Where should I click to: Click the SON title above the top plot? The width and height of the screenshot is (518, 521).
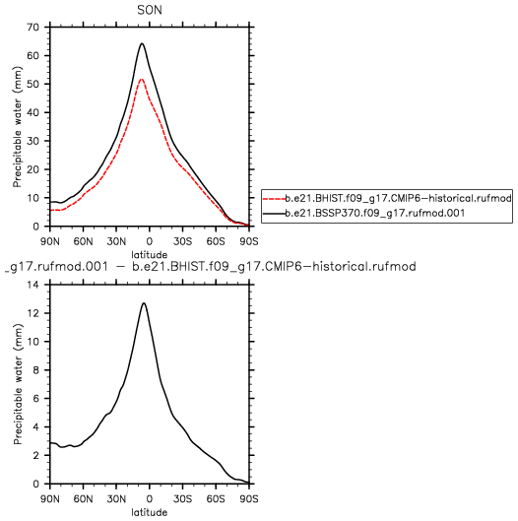150,10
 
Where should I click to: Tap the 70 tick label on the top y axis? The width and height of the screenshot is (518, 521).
33,27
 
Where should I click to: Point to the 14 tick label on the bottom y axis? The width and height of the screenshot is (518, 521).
33,285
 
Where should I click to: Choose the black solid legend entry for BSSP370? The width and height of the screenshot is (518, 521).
363,213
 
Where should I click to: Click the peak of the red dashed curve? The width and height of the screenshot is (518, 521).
141,79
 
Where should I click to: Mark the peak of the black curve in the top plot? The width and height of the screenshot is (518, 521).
142,43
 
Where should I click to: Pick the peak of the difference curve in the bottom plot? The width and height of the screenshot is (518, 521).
144,303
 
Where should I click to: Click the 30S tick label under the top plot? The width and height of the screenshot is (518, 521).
182,241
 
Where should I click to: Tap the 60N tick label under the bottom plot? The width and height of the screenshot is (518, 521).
83,499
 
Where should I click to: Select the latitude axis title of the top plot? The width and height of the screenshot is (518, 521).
149,255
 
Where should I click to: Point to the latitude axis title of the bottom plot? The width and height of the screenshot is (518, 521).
149,512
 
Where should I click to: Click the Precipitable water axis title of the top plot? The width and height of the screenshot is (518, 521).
18,127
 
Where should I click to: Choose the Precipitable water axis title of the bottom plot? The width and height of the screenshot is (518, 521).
18,384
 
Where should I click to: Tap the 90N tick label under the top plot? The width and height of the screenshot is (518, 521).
50,241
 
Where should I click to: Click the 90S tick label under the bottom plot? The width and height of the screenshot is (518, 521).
249,499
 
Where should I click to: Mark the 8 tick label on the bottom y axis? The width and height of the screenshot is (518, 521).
36,370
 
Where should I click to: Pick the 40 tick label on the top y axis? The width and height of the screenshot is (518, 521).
33,112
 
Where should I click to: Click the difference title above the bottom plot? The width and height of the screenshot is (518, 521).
211,267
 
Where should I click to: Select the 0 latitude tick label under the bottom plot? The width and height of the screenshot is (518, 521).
150,499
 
